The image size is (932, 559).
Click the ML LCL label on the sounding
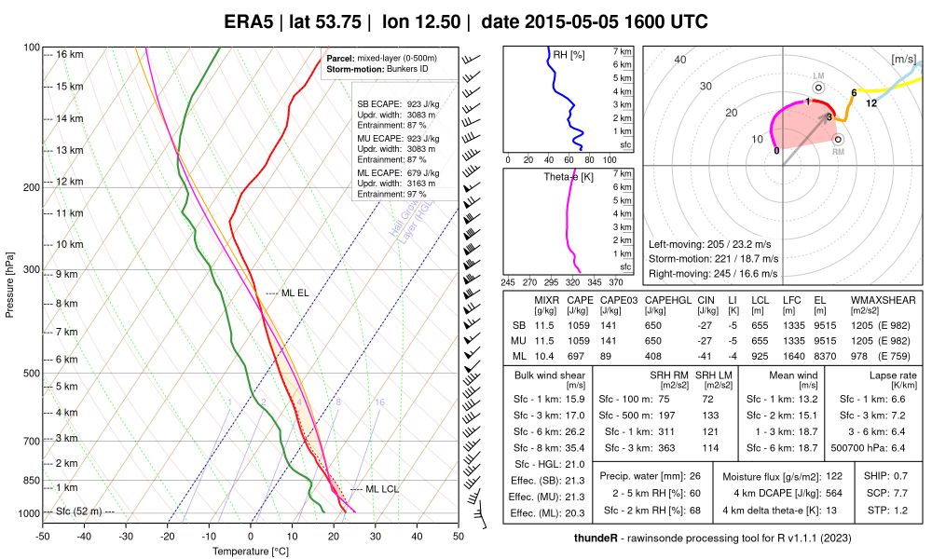point(381,489)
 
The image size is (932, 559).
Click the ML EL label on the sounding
point(294,293)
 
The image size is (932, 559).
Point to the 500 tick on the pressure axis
point(32,374)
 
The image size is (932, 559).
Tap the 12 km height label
point(69,182)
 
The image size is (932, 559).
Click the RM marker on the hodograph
point(838,140)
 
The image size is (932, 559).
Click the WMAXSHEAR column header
point(883,301)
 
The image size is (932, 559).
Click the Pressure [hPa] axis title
point(10,283)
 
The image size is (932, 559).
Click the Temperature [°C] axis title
point(251,551)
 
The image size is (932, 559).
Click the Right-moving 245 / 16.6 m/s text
point(714,274)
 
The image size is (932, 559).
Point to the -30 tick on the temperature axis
point(126,536)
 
